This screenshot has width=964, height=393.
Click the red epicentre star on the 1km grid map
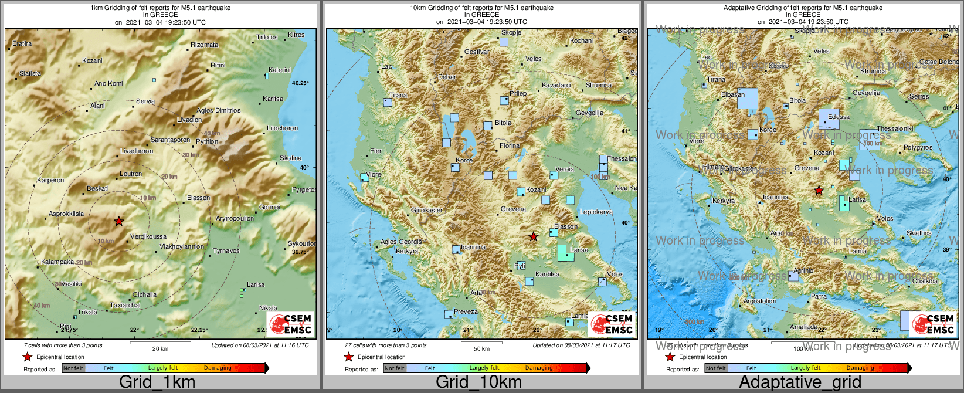[x=119, y=221]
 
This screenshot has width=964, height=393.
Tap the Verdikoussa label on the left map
[x=148, y=237]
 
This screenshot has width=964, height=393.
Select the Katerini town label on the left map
[x=280, y=70]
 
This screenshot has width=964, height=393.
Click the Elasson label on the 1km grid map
[x=199, y=198]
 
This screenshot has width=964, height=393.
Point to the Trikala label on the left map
[x=88, y=312]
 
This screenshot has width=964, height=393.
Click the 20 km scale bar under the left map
[x=160, y=343]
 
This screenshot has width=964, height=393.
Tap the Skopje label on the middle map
[x=511, y=33]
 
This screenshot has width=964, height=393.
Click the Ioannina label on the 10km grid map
[x=473, y=247]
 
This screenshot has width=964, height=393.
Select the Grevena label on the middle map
[x=513, y=209]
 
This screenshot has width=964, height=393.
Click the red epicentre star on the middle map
[x=533, y=236]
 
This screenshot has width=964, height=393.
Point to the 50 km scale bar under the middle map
[x=481, y=343]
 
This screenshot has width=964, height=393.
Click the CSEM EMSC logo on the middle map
[x=612, y=324]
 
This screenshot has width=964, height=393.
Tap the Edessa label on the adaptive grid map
[x=839, y=117]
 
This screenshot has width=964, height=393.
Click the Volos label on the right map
[x=885, y=218]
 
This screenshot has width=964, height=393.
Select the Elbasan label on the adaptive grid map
[x=733, y=94]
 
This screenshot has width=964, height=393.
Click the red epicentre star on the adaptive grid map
[x=819, y=191]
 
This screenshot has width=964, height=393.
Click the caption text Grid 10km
[x=478, y=382]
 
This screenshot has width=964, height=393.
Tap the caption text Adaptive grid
[x=800, y=382]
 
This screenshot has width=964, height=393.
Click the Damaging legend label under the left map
[x=218, y=368]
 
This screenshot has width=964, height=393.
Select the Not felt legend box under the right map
[x=716, y=368]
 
